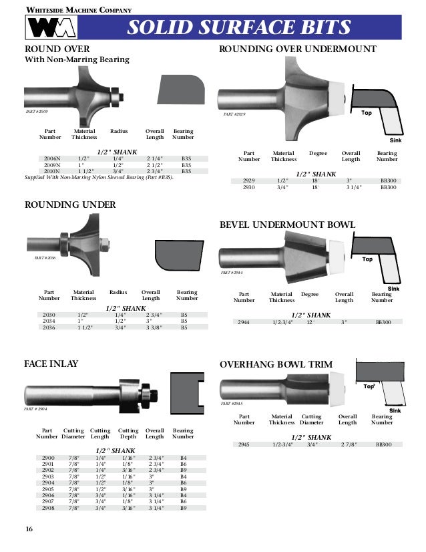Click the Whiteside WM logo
point(51,29)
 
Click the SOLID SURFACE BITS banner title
point(238,28)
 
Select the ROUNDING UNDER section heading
point(70,204)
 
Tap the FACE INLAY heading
point(51,364)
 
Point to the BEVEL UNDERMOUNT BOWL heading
point(287,225)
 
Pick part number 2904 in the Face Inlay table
point(48,481)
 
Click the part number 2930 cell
point(249,188)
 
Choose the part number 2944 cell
point(244,322)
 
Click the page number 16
point(29,529)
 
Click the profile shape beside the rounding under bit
point(177,253)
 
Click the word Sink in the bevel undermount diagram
point(394,288)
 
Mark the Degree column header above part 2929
point(318,153)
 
